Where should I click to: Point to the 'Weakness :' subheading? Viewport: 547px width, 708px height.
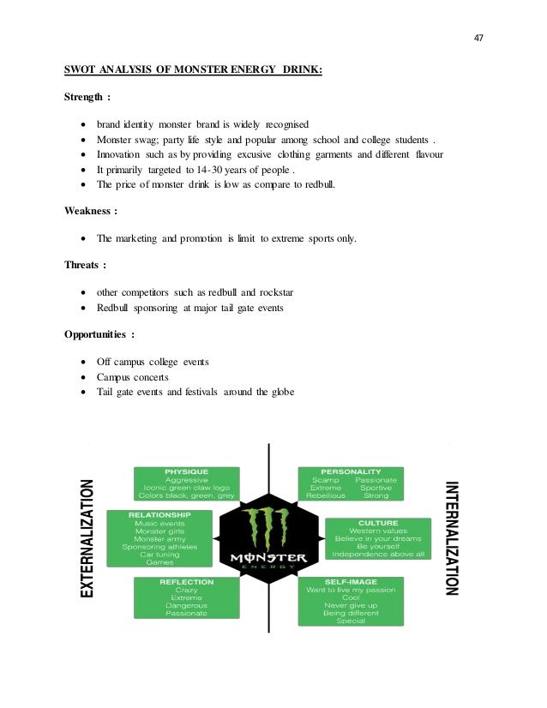tap(91, 209)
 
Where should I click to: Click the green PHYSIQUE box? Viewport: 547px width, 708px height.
tap(186, 483)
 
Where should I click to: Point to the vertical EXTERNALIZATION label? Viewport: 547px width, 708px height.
tap(87, 538)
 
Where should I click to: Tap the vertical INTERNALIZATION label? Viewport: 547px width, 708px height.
tap(452, 538)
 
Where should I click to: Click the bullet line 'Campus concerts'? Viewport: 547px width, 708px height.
tap(133, 377)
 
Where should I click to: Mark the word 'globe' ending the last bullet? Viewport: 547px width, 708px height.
tap(280, 393)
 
